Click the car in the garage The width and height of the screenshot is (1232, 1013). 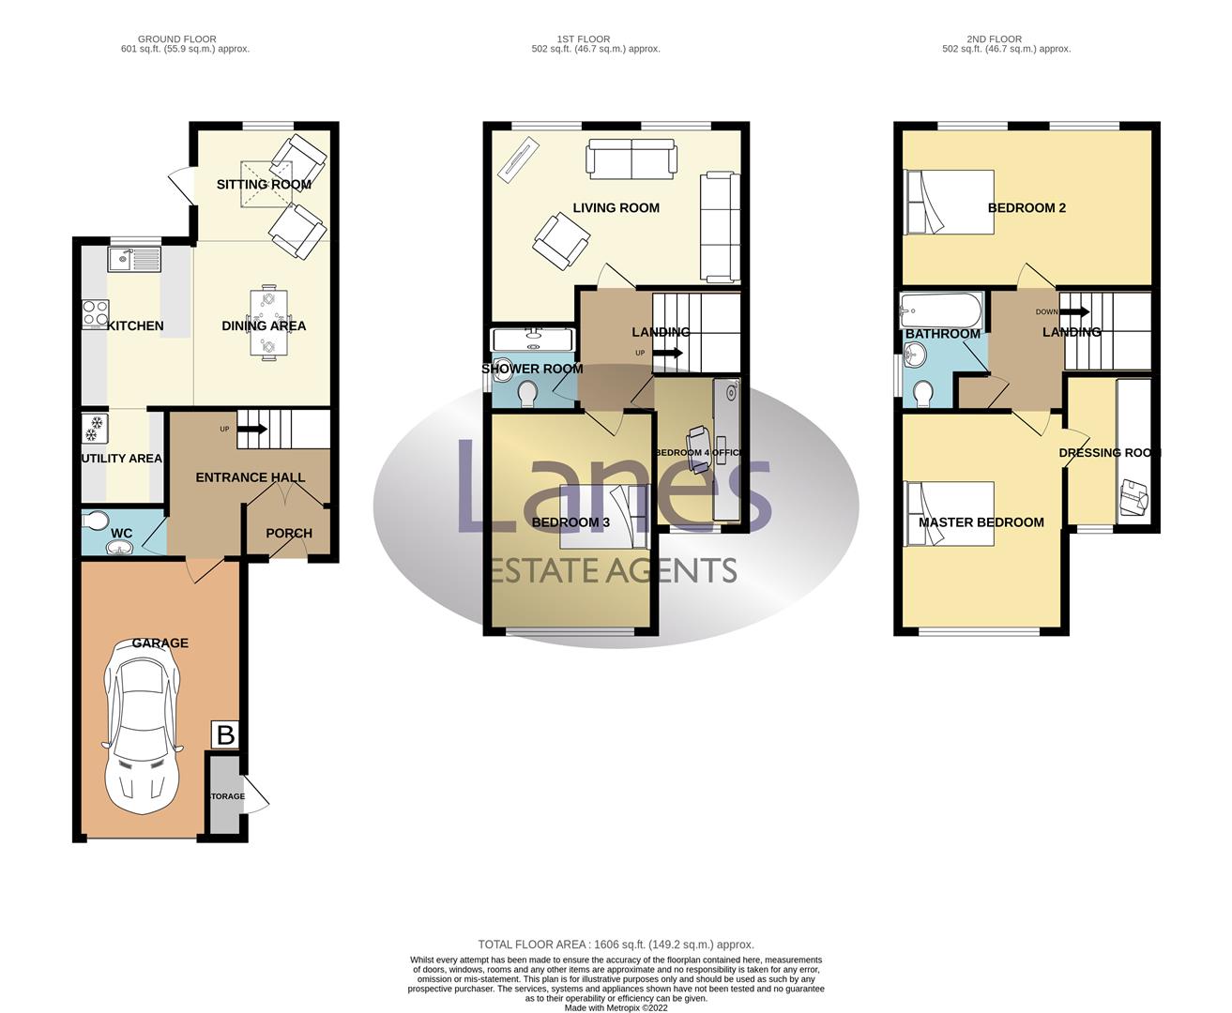143,727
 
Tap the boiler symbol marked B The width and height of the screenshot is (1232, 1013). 225,734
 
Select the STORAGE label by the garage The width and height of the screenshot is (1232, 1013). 227,796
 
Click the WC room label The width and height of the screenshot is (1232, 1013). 121,533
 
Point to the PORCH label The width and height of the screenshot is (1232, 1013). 289,533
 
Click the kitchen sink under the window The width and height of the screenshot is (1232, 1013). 134,259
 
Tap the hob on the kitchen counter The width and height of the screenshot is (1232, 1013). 95,312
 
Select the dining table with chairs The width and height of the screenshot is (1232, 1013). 268,323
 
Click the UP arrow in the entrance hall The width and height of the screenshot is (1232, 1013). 252,430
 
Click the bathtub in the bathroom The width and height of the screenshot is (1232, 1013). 941,310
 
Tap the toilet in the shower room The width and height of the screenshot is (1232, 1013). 527,394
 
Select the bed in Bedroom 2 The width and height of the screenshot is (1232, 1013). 949,202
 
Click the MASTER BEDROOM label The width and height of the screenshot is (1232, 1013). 981,522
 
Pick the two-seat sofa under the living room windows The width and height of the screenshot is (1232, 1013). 631,159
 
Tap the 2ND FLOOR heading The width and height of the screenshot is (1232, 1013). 995,39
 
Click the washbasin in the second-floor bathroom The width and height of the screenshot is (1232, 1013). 913,355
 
